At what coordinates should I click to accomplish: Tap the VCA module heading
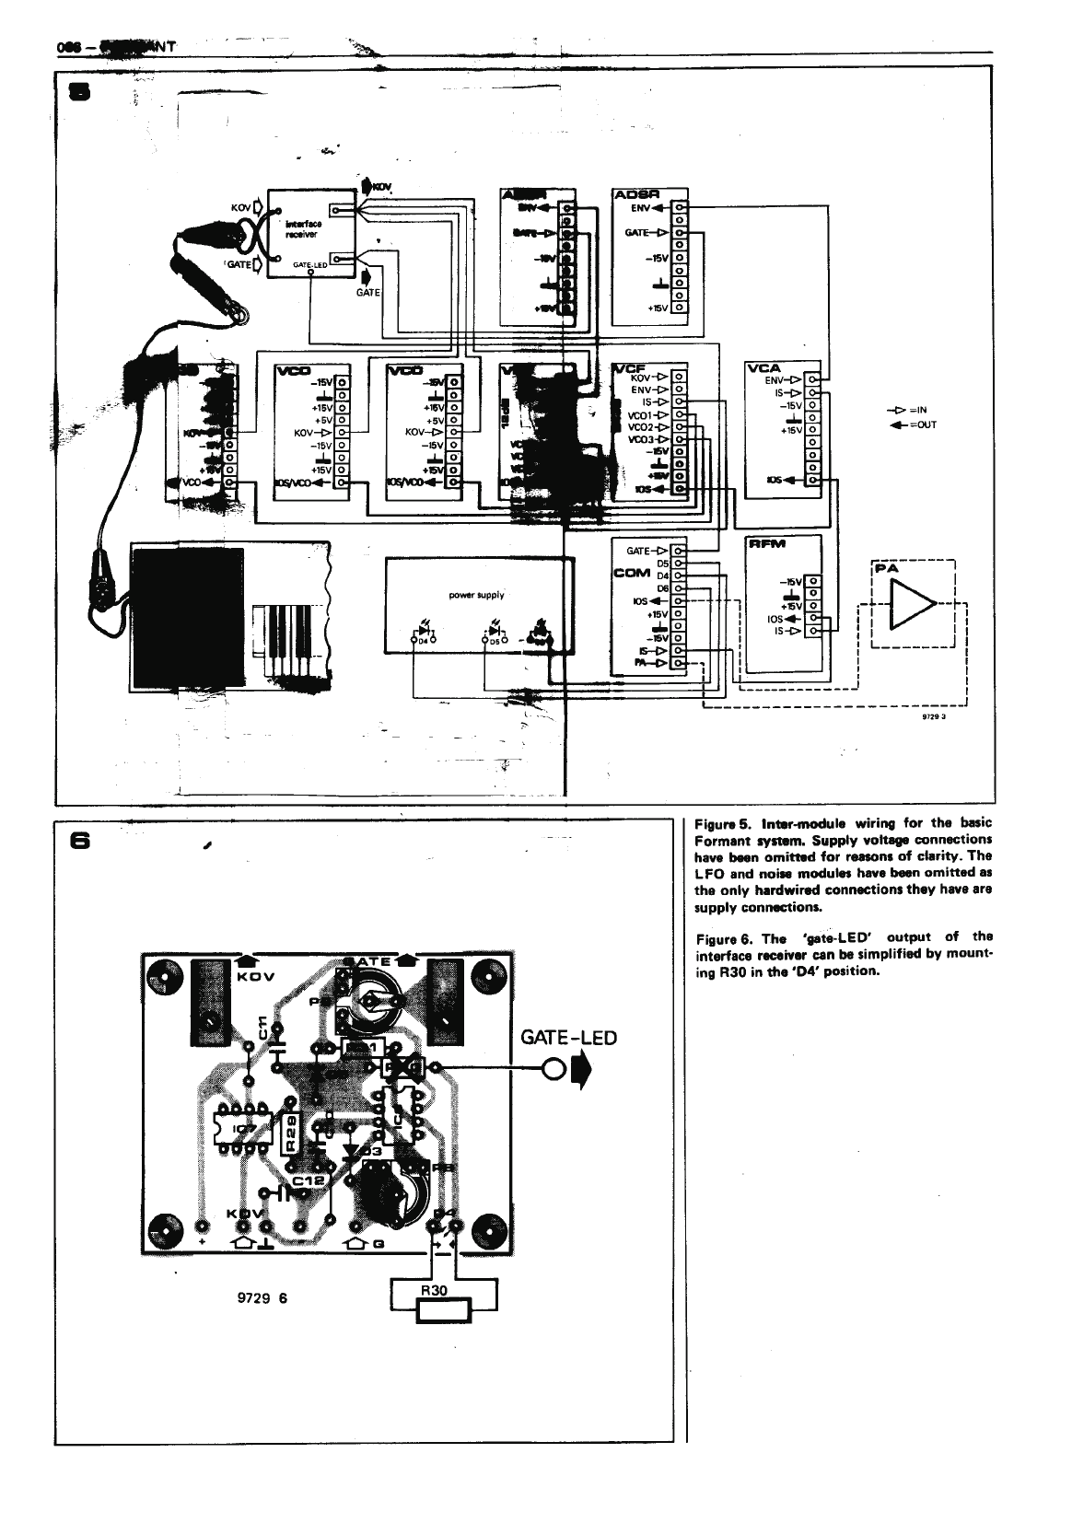764,368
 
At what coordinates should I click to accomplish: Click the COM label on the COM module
633,574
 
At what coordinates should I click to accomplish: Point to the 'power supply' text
476,595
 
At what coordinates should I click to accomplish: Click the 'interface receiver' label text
302,228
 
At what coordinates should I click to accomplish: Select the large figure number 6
81,841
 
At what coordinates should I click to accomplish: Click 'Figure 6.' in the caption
725,939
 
